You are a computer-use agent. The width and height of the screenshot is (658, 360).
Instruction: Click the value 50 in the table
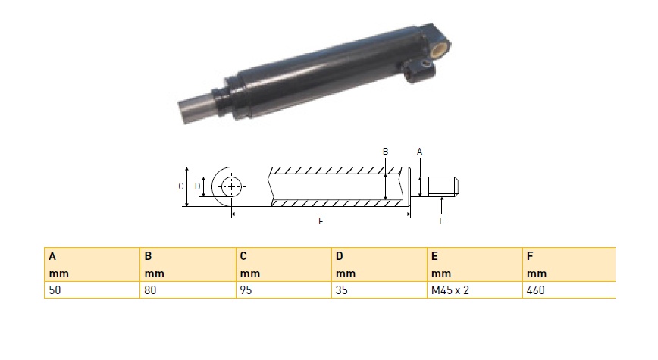coord(55,290)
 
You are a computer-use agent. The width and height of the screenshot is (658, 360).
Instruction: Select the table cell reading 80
coord(150,290)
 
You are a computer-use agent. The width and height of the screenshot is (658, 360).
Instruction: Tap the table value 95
coord(246,290)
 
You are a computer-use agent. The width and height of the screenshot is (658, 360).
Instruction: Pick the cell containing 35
coord(342,290)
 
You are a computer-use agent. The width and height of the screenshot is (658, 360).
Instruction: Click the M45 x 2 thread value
coord(450,290)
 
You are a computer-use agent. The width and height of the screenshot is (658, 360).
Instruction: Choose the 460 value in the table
coord(536,290)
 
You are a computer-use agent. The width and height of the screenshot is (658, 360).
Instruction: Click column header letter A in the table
coord(52,256)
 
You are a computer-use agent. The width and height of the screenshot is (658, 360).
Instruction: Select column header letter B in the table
coord(148,256)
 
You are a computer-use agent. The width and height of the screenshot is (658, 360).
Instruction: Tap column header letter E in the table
coord(435,256)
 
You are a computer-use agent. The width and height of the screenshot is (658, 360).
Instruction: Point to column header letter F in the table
coord(530,256)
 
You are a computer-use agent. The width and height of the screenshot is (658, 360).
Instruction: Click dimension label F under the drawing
coord(321,221)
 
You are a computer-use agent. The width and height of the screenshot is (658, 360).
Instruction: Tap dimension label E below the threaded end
coord(441,221)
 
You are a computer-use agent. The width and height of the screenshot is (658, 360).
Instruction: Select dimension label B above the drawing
coord(386,152)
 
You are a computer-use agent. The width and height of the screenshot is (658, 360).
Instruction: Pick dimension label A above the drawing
coord(419,152)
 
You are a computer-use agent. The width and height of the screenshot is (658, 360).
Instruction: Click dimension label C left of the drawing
coord(181,186)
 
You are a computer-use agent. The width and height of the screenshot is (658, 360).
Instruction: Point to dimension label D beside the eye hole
coord(197,186)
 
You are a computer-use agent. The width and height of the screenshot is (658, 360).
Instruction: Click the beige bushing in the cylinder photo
coord(440,49)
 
